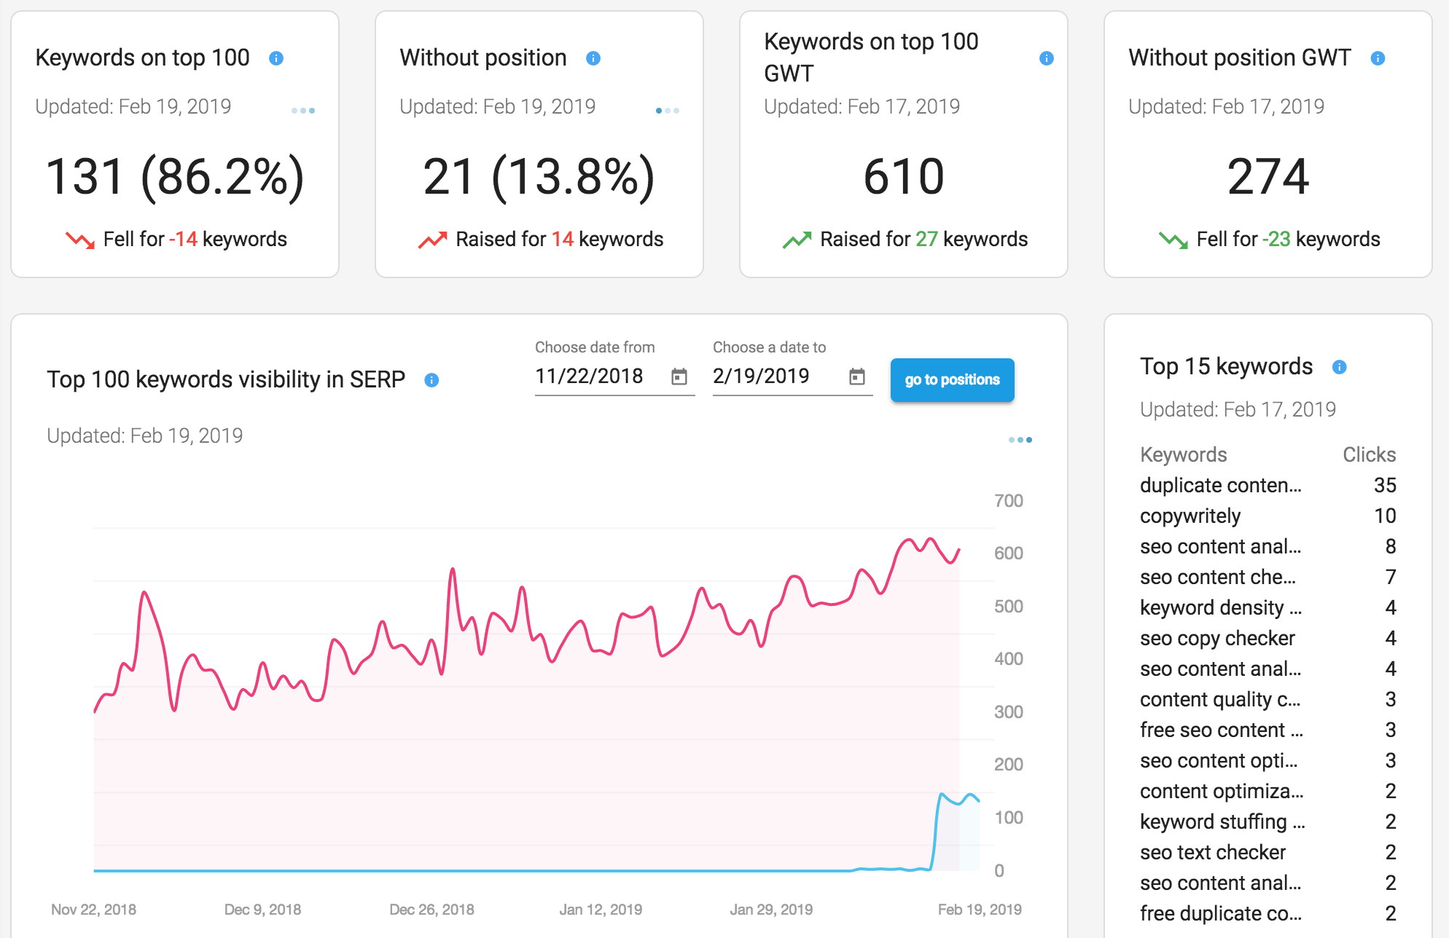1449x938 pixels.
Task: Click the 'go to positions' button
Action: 952,379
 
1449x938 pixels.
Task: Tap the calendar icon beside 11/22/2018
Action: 679,377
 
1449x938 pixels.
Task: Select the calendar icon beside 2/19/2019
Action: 857,377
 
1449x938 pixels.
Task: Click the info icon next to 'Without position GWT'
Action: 1378,58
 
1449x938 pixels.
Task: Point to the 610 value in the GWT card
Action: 904,177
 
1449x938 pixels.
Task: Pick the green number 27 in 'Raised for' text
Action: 926,239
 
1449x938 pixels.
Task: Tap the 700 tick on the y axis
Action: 1009,501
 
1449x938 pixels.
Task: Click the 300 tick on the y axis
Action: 1009,712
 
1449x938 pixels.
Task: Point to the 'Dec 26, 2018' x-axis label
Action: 431,910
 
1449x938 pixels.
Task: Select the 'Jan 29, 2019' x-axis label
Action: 771,910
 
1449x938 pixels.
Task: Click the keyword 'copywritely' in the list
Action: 1190,516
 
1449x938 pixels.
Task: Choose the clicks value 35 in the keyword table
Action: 1385,485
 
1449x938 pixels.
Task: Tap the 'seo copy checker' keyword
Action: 1217,639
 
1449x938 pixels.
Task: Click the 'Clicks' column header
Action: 1370,454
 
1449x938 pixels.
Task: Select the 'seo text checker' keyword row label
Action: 1213,852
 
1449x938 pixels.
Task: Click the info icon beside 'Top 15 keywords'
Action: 1339,367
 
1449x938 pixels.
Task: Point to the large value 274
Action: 1268,177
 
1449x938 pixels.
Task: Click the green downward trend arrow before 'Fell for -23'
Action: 1173,240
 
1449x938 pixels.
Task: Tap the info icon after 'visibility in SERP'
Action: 431,380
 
